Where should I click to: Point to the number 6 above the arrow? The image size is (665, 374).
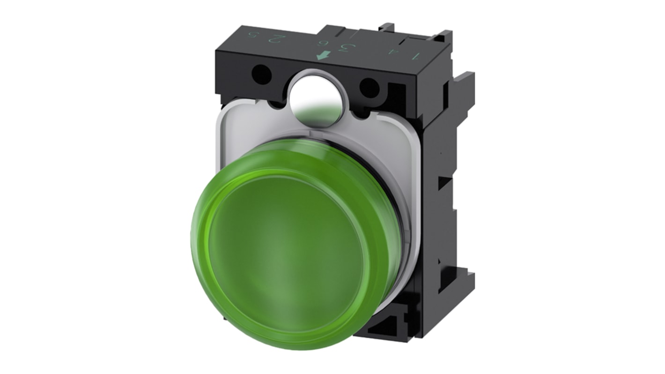(x=323, y=45)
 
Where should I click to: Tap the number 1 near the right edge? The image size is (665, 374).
(x=414, y=56)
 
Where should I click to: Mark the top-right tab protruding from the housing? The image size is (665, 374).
(x=443, y=37)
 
